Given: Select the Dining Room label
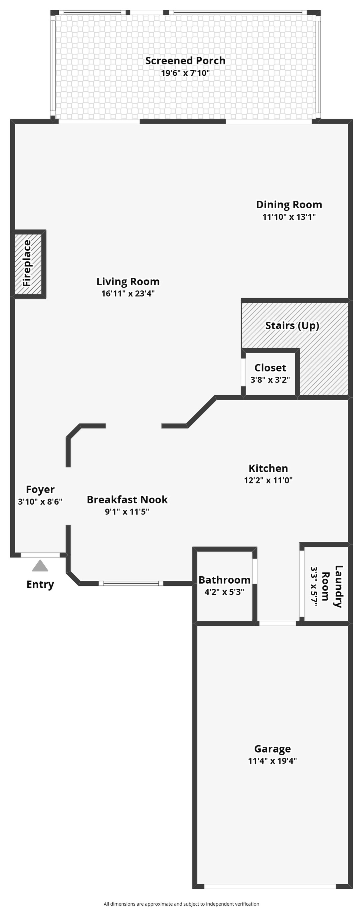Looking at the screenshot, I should [x=289, y=205].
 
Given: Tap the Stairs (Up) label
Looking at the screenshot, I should [x=292, y=325].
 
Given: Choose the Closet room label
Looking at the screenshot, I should [x=270, y=368].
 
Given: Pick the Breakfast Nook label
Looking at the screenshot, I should [x=127, y=500].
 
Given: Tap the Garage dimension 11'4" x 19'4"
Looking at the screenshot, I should [x=272, y=760].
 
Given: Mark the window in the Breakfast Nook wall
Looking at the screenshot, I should [x=131, y=583].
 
